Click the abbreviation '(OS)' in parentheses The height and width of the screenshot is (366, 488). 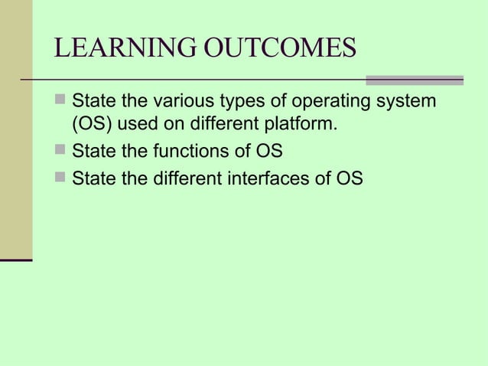point(91,125)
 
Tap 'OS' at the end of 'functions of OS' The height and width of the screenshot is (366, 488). point(269,151)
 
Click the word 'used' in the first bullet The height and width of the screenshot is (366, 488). point(136,125)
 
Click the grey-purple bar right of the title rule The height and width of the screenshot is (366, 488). point(414,80)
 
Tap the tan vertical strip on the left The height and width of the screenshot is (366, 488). point(16,130)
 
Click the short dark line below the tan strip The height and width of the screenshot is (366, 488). point(16,261)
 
